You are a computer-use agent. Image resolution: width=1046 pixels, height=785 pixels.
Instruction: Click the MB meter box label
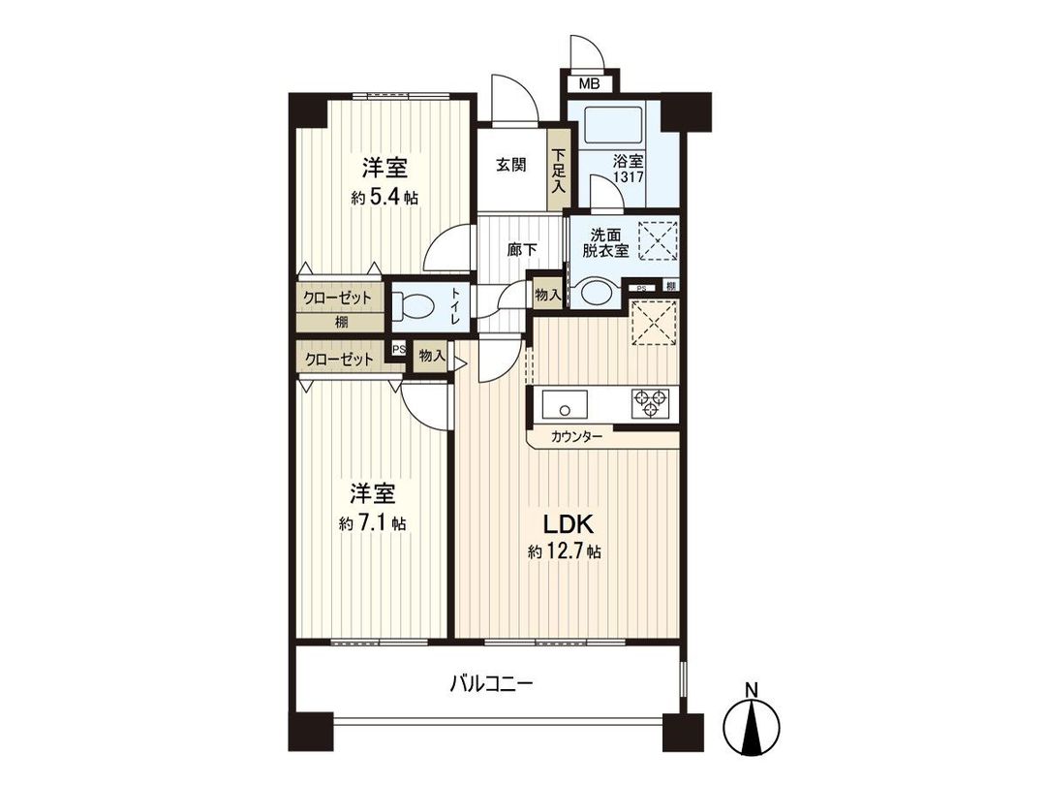point(589,83)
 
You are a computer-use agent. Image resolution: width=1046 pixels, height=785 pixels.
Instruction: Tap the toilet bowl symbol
point(416,306)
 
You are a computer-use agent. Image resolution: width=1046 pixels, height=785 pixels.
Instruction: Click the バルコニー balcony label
point(491,683)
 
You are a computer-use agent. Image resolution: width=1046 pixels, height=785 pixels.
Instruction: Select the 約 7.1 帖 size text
point(373,523)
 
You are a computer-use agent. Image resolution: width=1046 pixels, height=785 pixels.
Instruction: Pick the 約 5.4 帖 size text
point(385,198)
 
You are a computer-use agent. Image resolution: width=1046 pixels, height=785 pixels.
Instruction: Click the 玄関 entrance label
point(511,165)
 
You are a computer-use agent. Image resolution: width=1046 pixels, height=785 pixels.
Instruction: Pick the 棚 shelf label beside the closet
point(343,323)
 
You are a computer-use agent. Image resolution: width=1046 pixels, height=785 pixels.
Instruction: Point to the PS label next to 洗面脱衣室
point(642,286)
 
